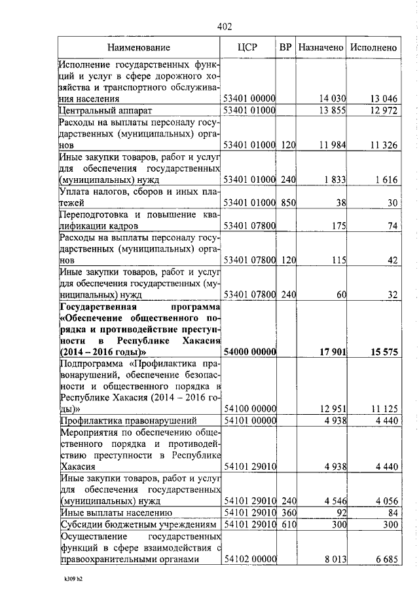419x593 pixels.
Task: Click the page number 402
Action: (224, 27)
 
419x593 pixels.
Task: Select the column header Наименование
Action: (139, 48)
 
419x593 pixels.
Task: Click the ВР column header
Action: (285, 48)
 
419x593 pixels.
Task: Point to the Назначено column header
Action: (320, 48)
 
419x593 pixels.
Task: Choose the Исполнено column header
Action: (373, 48)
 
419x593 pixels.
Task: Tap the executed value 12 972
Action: (384, 110)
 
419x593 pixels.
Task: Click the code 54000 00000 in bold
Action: (249, 353)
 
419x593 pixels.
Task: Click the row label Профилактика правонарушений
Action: (121, 421)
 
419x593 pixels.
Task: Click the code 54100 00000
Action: (249, 409)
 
